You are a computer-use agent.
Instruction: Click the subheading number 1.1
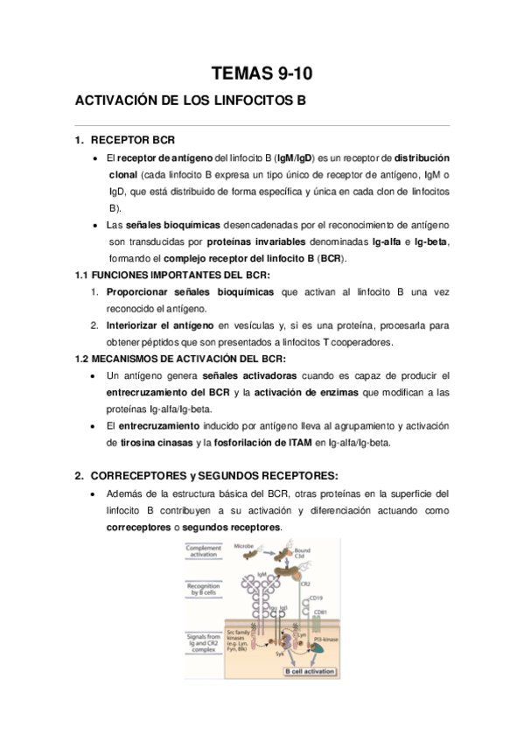84,275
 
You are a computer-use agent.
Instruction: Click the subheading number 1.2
84,358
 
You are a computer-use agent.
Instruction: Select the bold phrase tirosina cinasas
153,442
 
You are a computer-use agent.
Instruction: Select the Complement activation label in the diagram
205,552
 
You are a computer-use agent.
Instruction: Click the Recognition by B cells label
203,589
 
